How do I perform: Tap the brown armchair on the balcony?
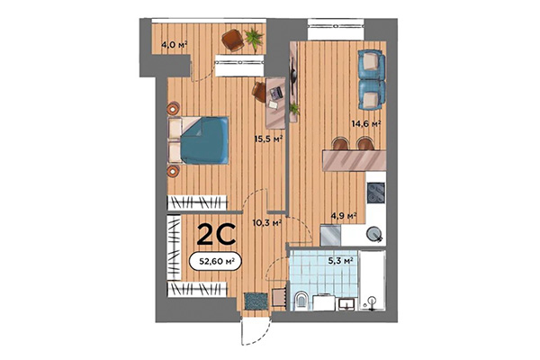(233, 40)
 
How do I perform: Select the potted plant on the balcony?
(255, 38)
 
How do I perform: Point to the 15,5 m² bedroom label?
(268, 139)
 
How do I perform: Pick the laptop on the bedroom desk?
(275, 92)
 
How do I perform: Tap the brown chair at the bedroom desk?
(259, 90)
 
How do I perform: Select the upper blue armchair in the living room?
(370, 64)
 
